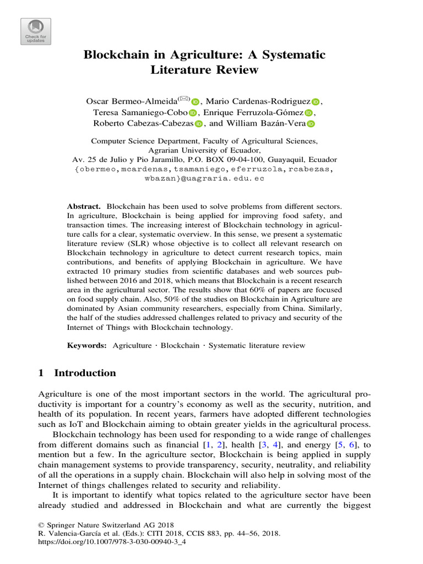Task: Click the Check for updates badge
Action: tap(35, 30)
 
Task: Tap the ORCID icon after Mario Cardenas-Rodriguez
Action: tap(315, 102)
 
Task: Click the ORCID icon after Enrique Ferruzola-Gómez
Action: tap(308, 113)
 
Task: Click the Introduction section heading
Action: tap(85, 373)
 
